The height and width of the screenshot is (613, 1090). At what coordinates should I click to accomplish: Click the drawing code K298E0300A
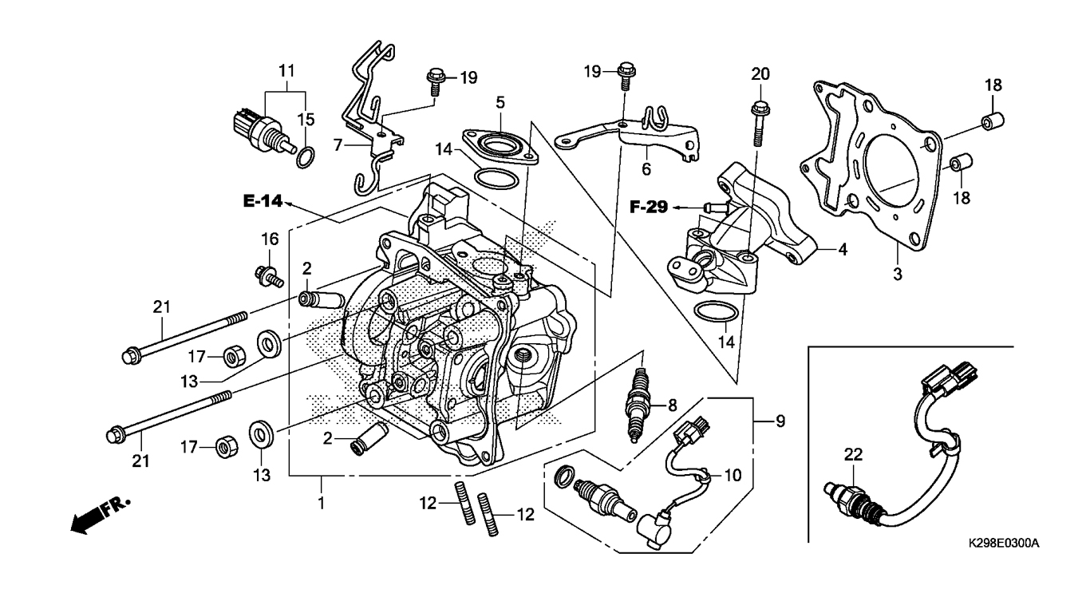[1003, 544]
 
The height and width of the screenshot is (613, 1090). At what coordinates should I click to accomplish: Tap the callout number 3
[897, 275]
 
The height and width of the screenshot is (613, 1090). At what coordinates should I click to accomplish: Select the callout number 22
[854, 455]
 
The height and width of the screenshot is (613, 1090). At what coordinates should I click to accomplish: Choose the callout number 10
[733, 474]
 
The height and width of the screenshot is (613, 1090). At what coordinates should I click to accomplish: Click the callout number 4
[842, 249]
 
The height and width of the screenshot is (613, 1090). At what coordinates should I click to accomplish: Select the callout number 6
[646, 168]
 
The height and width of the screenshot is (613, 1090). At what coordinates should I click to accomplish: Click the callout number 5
[500, 102]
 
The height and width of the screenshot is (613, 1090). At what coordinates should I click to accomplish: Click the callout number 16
[270, 238]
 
